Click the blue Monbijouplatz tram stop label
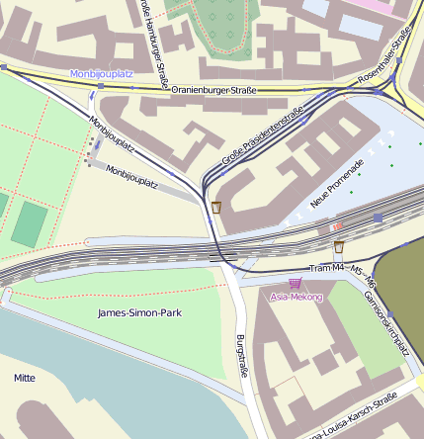[101, 74]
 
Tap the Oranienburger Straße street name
[213, 91]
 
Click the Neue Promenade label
[337, 183]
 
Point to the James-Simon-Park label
[139, 312]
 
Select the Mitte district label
[24, 378]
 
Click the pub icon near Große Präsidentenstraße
[216, 208]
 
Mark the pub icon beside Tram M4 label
[339, 246]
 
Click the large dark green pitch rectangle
[29, 223]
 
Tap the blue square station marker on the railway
[378, 217]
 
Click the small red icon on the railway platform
[337, 226]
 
